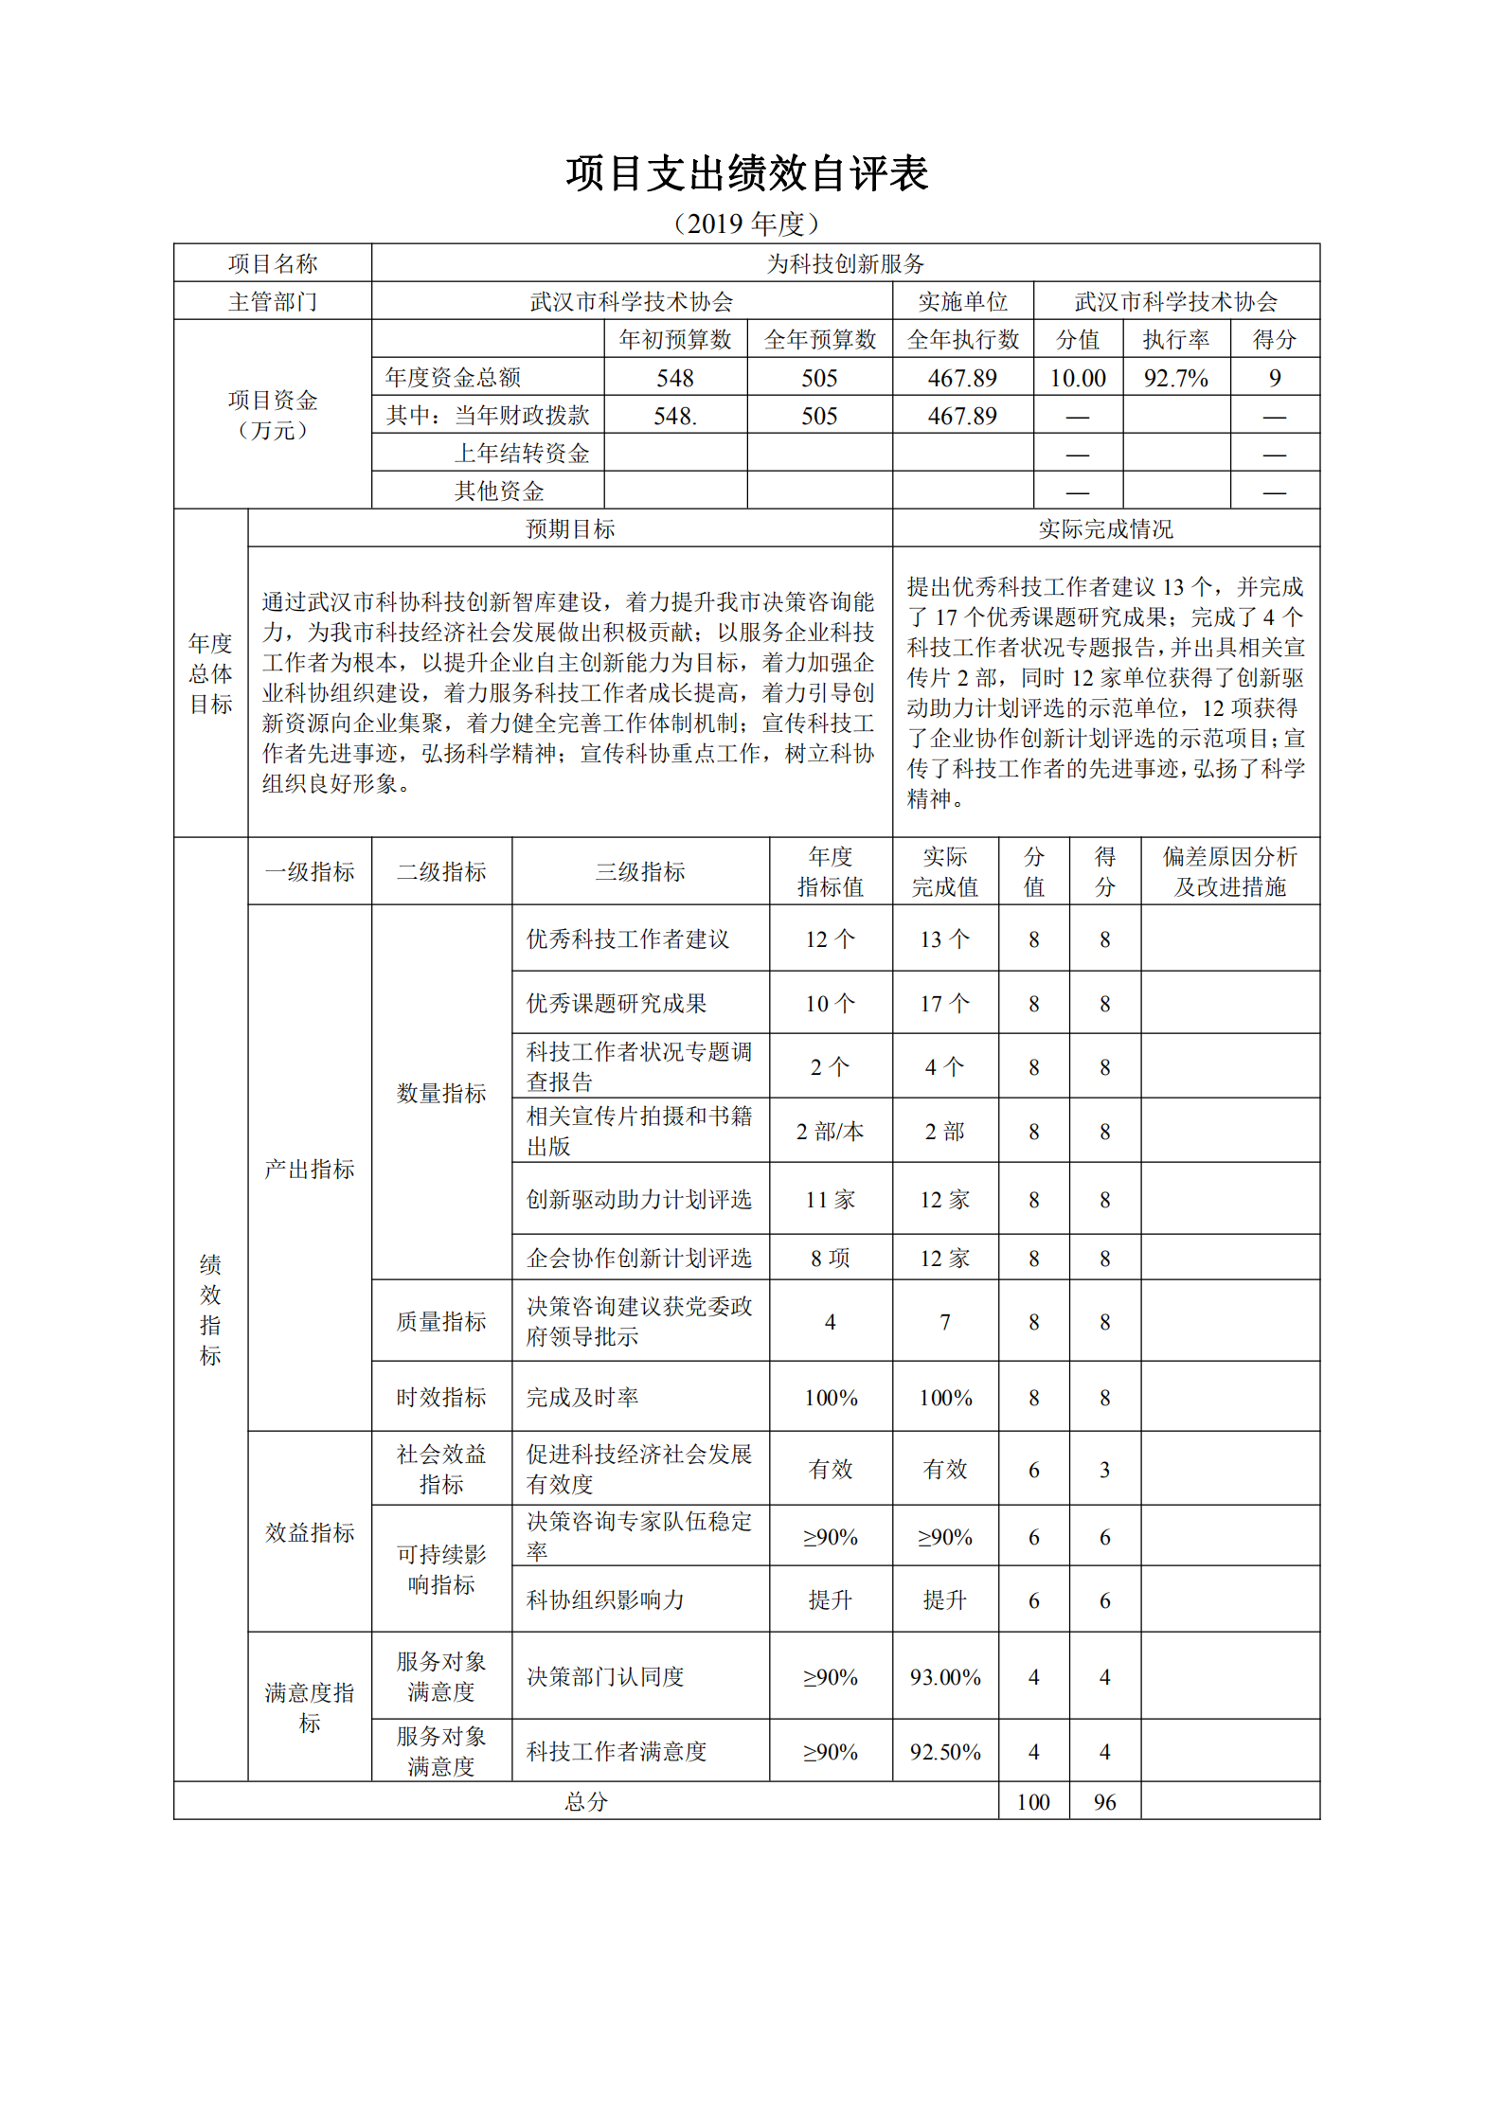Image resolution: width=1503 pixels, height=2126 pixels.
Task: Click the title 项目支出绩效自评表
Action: point(746,174)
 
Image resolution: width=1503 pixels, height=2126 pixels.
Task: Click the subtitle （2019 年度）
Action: point(746,223)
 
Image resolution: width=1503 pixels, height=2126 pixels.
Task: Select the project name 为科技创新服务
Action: point(845,263)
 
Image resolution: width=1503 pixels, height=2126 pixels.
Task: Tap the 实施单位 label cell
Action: point(962,301)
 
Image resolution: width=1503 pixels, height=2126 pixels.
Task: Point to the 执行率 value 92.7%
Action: point(1175,378)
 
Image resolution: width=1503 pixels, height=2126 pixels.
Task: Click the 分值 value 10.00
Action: point(1078,378)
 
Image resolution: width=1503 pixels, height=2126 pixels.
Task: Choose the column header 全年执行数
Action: point(962,339)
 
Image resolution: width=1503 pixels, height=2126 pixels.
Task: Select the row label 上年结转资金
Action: point(522,453)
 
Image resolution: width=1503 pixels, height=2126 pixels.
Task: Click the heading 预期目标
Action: point(570,528)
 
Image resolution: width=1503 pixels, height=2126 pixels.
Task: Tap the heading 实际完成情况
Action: point(1105,528)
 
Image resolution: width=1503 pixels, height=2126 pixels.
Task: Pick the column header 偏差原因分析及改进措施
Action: point(1229,871)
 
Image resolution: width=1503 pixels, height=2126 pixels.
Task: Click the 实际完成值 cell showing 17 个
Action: point(944,1003)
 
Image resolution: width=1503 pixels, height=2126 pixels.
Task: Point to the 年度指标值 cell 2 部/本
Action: point(830,1131)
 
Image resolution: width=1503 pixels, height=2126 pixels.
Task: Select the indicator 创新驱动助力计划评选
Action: point(639,1199)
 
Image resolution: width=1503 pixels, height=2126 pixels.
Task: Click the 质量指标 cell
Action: point(441,1321)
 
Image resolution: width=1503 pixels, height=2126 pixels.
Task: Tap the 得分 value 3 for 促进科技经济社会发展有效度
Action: point(1104,1469)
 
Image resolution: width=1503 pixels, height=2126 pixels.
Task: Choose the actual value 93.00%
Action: point(944,1676)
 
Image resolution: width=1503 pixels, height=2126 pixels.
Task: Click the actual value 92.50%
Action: point(944,1751)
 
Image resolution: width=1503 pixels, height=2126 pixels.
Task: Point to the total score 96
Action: point(1104,1801)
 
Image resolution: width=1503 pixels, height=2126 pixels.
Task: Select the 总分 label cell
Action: point(585,1801)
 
